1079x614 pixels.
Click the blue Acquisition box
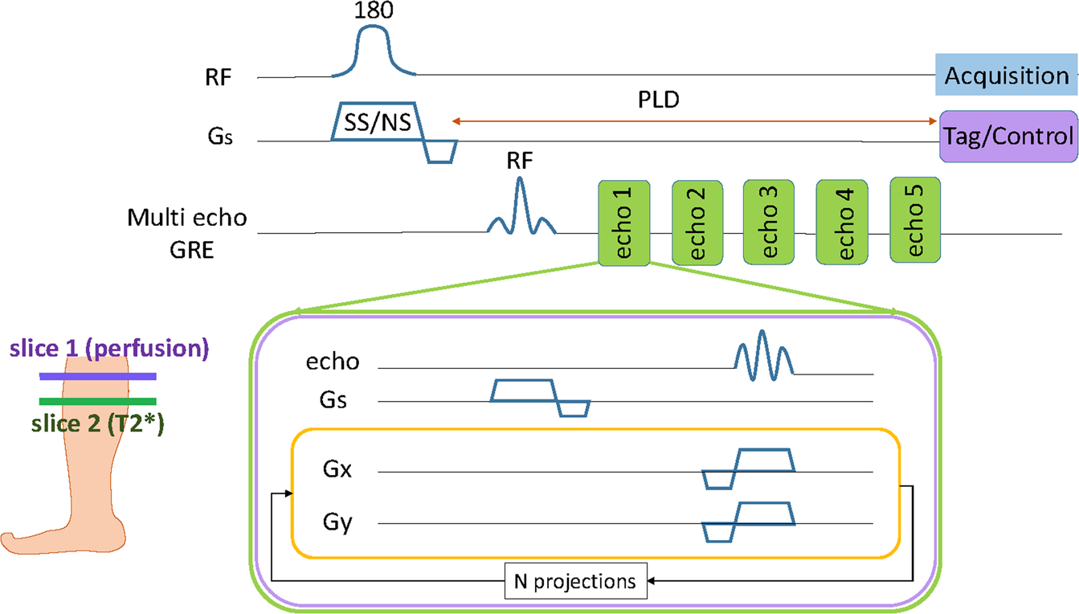pyautogui.click(x=1006, y=76)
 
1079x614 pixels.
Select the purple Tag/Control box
pyautogui.click(x=1007, y=137)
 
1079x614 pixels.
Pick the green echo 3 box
pyautogui.click(x=769, y=222)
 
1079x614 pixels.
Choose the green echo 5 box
pyautogui.click(x=915, y=220)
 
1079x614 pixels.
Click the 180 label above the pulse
pyautogui.click(x=372, y=12)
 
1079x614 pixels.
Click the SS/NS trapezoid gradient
pyautogui.click(x=374, y=121)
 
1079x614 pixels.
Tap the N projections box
pyautogui.click(x=576, y=580)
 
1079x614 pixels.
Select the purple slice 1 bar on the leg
pyautogui.click(x=97, y=376)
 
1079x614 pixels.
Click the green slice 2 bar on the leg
pyautogui.click(x=97, y=402)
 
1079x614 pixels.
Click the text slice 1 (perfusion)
pyautogui.click(x=109, y=350)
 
